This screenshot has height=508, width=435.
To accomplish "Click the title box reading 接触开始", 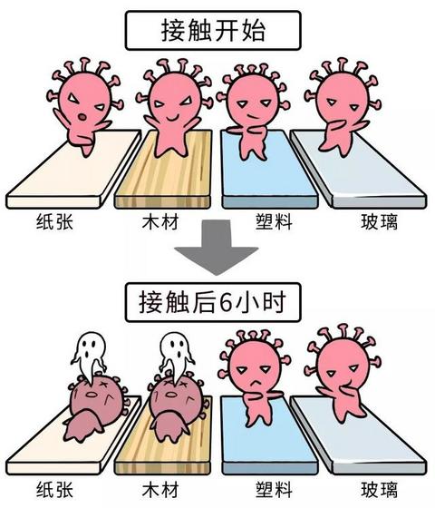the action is point(213,31).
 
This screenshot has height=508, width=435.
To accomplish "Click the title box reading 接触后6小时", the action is point(213,302).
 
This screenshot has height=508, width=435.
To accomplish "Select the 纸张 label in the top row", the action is point(54,221).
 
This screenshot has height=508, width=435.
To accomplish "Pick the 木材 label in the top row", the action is point(160,221).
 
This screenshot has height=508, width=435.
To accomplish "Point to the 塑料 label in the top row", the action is point(274,221).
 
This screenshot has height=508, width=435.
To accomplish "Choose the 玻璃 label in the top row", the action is point(380,221).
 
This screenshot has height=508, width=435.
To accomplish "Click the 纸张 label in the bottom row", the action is point(54,489).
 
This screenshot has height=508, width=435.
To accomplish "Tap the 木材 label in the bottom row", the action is point(160,489).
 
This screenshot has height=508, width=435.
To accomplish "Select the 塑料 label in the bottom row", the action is point(274,489).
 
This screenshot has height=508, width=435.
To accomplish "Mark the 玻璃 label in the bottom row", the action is point(380,489).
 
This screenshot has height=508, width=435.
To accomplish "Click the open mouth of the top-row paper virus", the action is point(82,117).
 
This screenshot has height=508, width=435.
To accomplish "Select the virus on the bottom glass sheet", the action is point(343,373).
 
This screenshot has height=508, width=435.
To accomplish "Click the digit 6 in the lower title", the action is point(226,303).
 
